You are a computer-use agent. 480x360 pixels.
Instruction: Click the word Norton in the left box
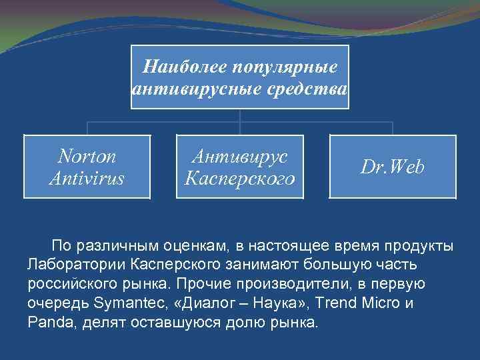pos(87,156)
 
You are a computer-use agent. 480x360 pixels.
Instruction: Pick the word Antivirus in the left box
pos(87,178)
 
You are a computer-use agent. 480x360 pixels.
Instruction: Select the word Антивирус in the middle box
pos(239,156)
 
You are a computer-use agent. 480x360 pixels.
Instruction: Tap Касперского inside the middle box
pos(239,178)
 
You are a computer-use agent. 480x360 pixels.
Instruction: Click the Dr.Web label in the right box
pos(392,167)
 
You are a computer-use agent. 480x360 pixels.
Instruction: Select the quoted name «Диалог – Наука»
pos(223,303)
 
